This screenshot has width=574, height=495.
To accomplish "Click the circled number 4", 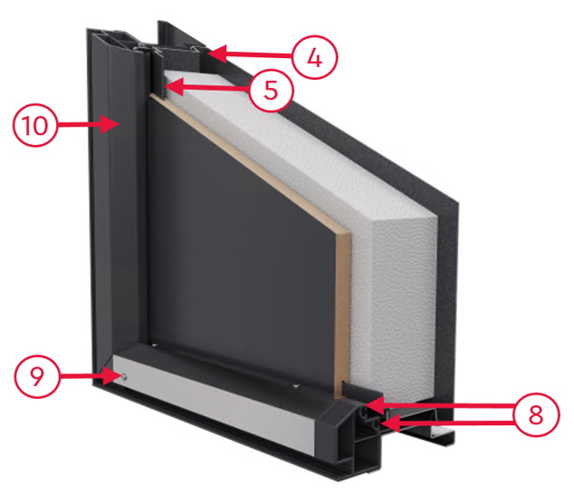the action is pos(315,57).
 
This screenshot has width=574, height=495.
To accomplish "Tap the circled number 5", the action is pos(271,90).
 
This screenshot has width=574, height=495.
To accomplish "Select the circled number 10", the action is pos(35,125).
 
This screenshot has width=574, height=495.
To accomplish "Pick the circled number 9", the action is pos(36,377).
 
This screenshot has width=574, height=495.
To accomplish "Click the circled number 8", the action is pos(536,414).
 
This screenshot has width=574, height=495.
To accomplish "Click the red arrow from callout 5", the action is pos(207,87).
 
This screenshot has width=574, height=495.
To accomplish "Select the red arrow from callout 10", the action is pos(88,125).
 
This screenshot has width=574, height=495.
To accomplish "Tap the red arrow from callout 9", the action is pos(90,376).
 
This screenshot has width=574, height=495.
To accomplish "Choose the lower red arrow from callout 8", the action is pos(447,424).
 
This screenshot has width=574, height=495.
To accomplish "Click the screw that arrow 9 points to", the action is pos(124,376).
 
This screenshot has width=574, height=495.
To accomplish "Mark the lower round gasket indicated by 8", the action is pos(375,424).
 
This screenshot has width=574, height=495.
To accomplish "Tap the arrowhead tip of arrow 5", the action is pos(166,87).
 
